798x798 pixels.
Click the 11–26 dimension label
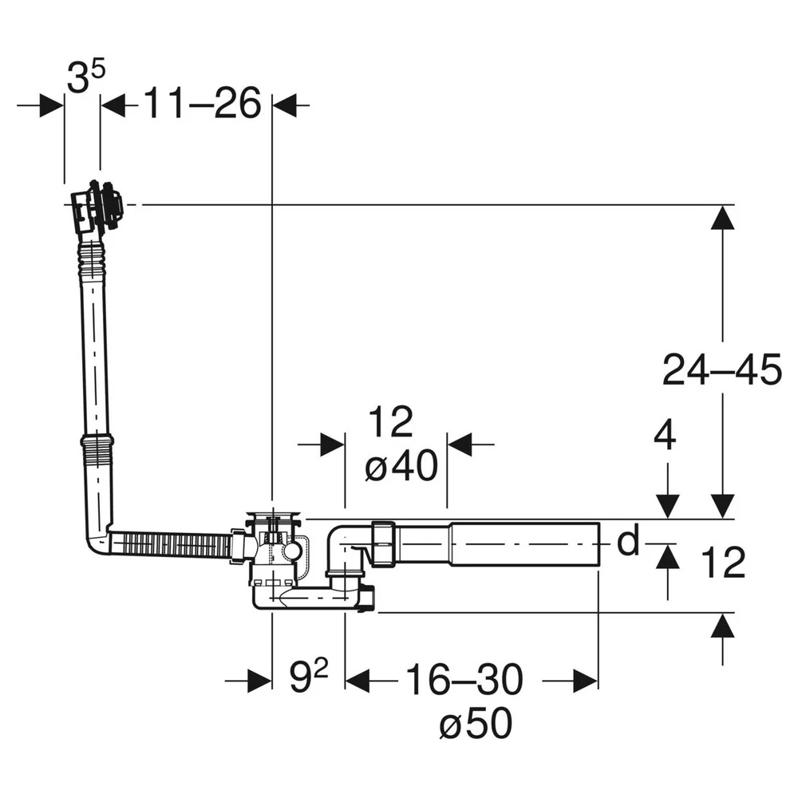(x=203, y=103)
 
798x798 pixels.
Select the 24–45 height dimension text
(x=722, y=369)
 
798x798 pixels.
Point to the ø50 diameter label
(x=476, y=723)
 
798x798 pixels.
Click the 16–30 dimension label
(x=464, y=679)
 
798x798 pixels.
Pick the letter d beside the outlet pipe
(x=628, y=541)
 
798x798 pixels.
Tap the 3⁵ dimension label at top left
(x=85, y=77)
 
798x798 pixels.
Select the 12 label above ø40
(x=391, y=421)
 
